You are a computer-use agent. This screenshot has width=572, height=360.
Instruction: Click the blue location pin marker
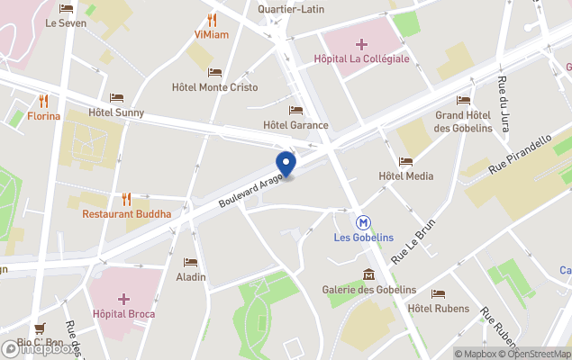coord(286,165)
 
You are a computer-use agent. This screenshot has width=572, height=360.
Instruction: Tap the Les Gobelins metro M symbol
coord(362,220)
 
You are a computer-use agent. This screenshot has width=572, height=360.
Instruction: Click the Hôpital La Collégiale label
coord(361,58)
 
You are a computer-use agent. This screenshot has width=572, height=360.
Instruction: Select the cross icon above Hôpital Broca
coord(123,298)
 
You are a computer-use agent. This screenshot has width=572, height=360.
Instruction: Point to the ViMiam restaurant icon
coord(213,19)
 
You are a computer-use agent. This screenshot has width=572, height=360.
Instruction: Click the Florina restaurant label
coord(43,116)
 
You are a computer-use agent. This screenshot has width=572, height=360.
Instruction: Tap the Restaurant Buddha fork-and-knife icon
coord(127,199)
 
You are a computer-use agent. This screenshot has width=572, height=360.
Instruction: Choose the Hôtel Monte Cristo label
coord(214,87)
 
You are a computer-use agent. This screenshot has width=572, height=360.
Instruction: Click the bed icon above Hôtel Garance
coord(295,110)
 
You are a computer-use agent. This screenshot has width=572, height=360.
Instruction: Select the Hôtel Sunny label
coord(116,112)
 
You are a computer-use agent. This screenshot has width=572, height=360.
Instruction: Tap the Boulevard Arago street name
coord(250,191)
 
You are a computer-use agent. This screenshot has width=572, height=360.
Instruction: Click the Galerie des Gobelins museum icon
coord(368,274)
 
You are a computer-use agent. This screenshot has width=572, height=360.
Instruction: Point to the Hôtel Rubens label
coord(438,309)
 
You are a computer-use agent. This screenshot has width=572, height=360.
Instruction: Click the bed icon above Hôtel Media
coord(405,161)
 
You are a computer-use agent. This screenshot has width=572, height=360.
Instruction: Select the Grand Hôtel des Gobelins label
coord(463,121)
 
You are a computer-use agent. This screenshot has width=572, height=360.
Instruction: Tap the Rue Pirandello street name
coord(520,156)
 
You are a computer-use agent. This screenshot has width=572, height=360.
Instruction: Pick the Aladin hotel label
coord(191,276)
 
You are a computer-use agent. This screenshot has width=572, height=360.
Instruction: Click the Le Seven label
coord(66,23)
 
